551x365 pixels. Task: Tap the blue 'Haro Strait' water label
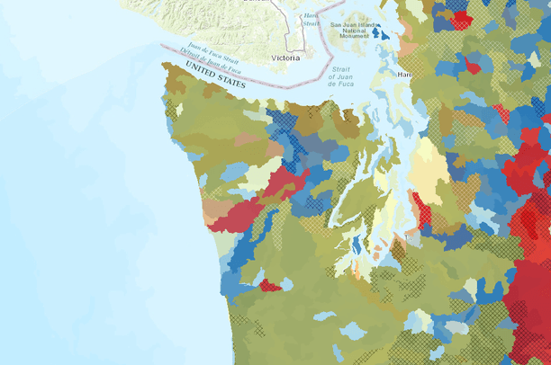pyautogui.click(x=311, y=20)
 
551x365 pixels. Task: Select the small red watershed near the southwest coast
pyautogui.click(x=269, y=286)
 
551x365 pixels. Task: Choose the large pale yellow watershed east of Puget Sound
pyautogui.click(x=429, y=171)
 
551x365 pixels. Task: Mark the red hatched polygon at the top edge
pyautogui.click(x=461, y=17)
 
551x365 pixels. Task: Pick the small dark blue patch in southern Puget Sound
pyautogui.click(x=357, y=245)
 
